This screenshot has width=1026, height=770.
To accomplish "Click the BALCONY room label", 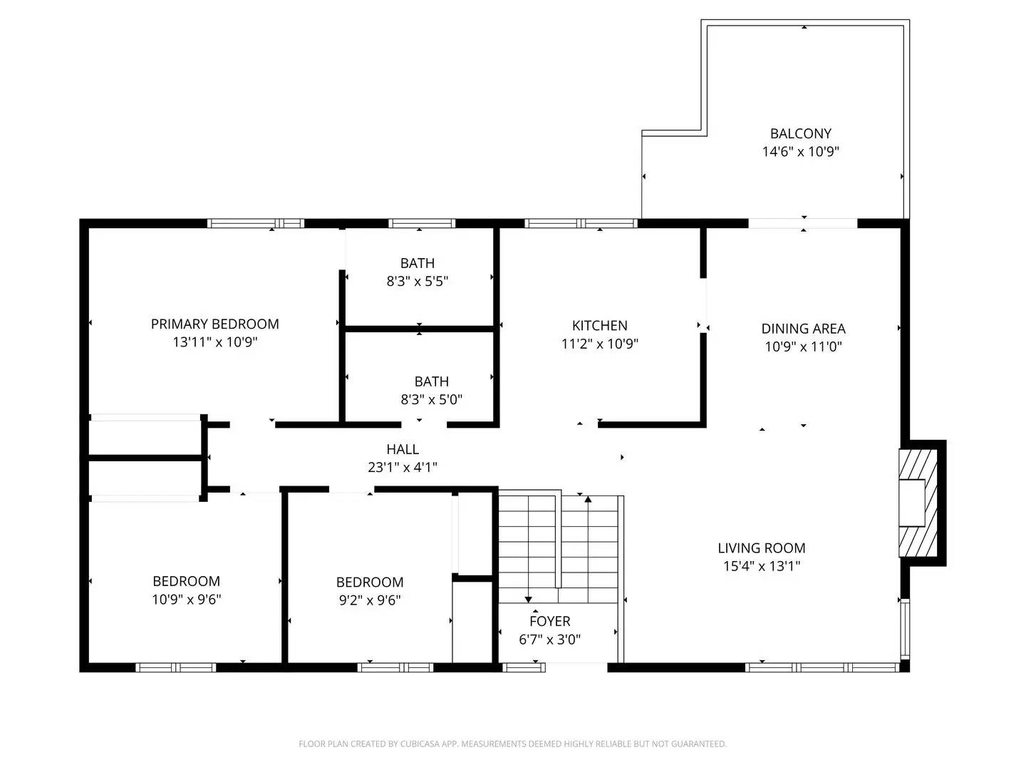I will click(x=800, y=133).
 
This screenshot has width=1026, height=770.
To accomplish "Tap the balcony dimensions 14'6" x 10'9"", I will click(x=800, y=152).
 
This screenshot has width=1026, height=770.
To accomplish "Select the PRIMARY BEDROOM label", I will click(x=214, y=324).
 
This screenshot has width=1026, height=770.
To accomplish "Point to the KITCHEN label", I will click(x=599, y=326).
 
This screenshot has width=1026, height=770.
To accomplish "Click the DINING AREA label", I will click(x=803, y=329).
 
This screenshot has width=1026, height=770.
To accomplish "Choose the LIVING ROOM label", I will click(x=761, y=548).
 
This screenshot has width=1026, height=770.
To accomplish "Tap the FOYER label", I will click(x=549, y=621).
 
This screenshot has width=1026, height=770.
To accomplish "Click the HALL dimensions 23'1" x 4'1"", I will click(x=403, y=468).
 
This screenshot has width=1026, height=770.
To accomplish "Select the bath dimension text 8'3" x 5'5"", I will click(x=417, y=282).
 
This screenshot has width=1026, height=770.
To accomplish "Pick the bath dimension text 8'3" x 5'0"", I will click(x=431, y=400).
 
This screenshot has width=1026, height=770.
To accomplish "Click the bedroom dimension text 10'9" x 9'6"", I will click(x=186, y=600).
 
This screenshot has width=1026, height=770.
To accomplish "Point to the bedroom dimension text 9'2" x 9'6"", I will click(x=369, y=600).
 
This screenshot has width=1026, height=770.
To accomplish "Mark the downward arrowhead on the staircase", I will click(x=528, y=599).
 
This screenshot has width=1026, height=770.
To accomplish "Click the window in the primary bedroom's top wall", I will click(x=256, y=223).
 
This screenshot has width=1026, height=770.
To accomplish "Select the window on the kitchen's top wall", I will click(x=581, y=223).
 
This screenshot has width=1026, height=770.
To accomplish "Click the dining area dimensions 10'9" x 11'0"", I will click(x=803, y=347).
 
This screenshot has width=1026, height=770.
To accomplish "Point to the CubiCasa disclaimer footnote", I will click(x=512, y=744).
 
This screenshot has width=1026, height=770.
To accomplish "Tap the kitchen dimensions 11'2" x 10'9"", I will click(x=599, y=344).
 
